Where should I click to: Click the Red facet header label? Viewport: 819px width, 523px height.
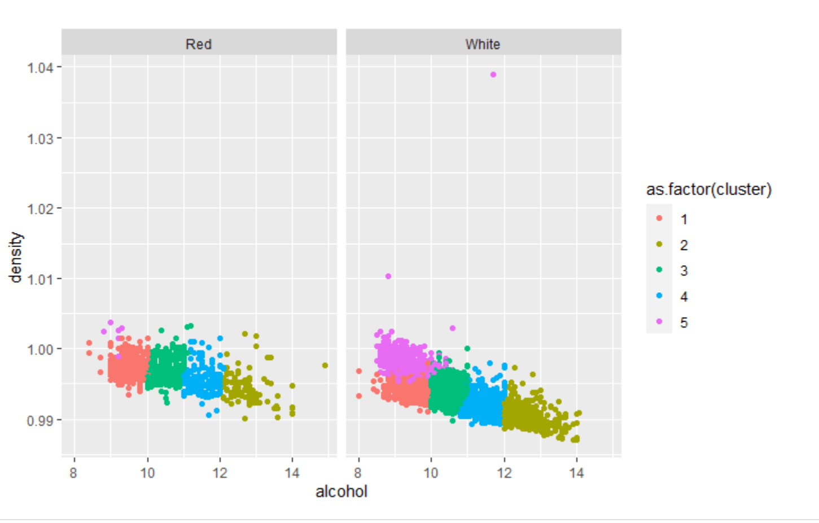click(x=199, y=44)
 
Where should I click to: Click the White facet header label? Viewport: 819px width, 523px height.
click(x=483, y=44)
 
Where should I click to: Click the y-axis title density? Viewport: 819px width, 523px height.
click(x=16, y=257)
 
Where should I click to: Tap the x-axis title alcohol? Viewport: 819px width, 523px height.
click(x=341, y=491)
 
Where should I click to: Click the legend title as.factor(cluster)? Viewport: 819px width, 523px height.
click(x=708, y=189)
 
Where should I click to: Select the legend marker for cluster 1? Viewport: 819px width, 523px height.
click(x=659, y=218)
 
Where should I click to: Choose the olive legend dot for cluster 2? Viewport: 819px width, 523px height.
click(x=659, y=244)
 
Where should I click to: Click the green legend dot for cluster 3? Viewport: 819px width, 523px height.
click(x=659, y=270)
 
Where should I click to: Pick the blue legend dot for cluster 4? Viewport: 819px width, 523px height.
click(x=659, y=296)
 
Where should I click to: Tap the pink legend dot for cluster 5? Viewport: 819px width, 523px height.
click(x=659, y=322)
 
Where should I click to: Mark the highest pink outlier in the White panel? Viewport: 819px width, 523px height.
click(x=493, y=74)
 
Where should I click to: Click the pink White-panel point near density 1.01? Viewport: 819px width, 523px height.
click(x=388, y=276)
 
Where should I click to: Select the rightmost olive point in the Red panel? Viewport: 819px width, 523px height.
click(x=325, y=366)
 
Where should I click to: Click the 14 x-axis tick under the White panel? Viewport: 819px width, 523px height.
click(x=576, y=473)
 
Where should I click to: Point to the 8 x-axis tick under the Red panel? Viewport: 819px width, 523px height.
click(x=73, y=473)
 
